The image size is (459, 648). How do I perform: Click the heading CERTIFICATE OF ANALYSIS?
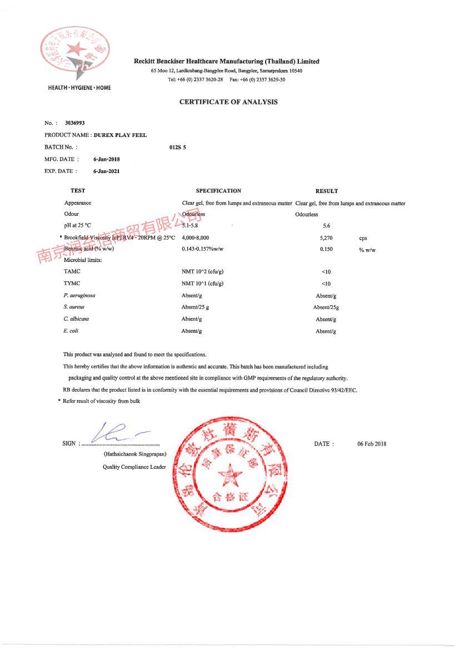pos(228,102)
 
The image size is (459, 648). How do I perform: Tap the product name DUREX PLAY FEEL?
pos(120,135)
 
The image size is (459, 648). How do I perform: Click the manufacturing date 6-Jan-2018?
pos(107,159)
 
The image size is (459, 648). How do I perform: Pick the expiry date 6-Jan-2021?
pos(107,171)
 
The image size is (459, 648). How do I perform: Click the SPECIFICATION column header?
pos(218,191)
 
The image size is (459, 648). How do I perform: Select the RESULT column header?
pos(327,191)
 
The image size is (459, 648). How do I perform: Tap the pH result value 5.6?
pos(327,226)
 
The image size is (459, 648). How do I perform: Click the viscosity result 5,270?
pos(327,238)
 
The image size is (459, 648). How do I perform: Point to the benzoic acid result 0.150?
pos(327,250)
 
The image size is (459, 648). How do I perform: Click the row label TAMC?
pos(72,271)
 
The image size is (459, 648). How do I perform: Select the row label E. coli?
pos(71,331)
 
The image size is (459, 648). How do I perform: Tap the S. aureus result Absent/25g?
pos(326,307)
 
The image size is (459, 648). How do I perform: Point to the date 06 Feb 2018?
pos(372,444)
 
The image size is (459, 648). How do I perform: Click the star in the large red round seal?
pos(229,475)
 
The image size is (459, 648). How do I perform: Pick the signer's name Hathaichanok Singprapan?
pos(134,454)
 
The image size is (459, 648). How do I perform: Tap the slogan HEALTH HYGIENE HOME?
pos(79,88)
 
